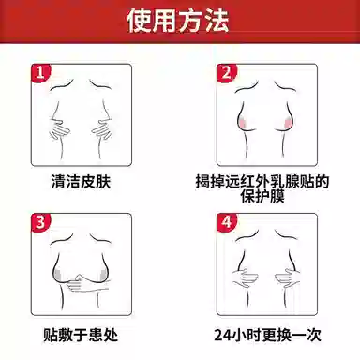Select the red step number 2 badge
pyautogui.click(x=225, y=72)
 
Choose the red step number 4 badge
pyautogui.click(x=225, y=222)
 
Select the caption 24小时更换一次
pyautogui.click(x=272, y=334)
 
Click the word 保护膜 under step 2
pyautogui.click(x=273, y=196)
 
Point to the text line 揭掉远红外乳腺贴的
pyautogui.click(x=273, y=178)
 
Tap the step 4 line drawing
pyautogui.click(x=272, y=267)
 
